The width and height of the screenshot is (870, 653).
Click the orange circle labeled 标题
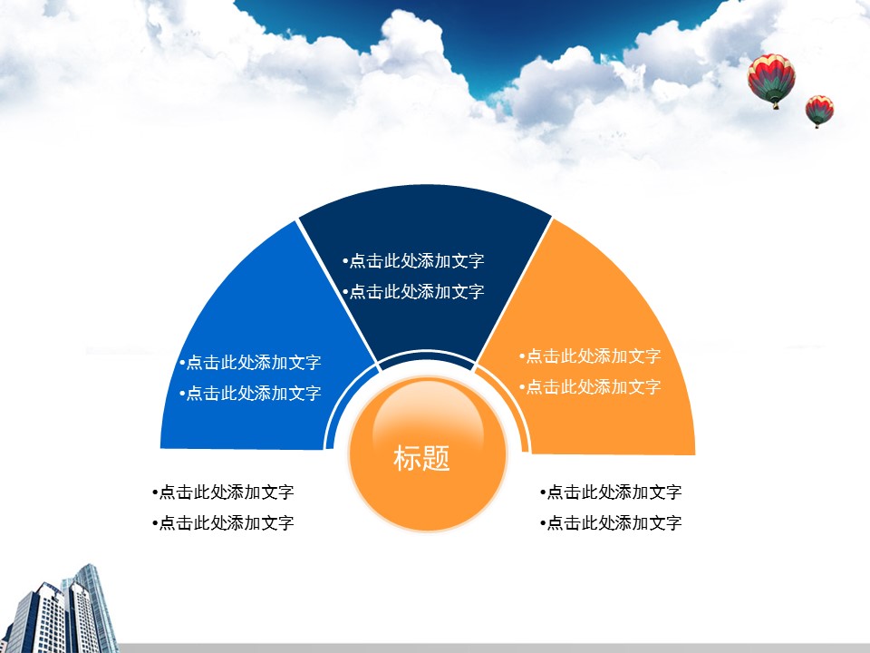pyautogui.click(x=427, y=453)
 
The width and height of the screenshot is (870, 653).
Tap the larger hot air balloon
pyautogui.click(x=771, y=80)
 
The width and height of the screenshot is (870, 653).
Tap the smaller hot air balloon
pyautogui.click(x=819, y=111)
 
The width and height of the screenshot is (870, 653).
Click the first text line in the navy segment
pyautogui.click(x=413, y=260)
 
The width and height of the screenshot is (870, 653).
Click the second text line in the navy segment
pyautogui.click(x=413, y=291)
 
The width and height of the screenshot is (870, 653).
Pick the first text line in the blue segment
pyautogui.click(x=250, y=362)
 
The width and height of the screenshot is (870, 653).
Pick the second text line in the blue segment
pyautogui.click(x=250, y=393)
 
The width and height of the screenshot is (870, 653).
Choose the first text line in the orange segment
pyautogui.click(x=590, y=356)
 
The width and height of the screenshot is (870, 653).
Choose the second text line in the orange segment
pyautogui.click(x=590, y=387)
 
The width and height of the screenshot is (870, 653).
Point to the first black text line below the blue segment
pyautogui.click(x=223, y=492)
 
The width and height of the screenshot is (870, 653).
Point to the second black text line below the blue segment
pyautogui.click(x=223, y=523)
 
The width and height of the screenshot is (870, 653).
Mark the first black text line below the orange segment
pyautogui.click(x=611, y=492)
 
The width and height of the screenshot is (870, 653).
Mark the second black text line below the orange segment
pyautogui.click(x=611, y=523)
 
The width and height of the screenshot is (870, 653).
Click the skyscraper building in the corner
pyautogui.click(x=61, y=610)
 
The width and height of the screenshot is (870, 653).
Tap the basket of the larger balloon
pyautogui.click(x=775, y=105)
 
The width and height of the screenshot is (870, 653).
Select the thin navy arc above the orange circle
pyautogui.click(x=426, y=354)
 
